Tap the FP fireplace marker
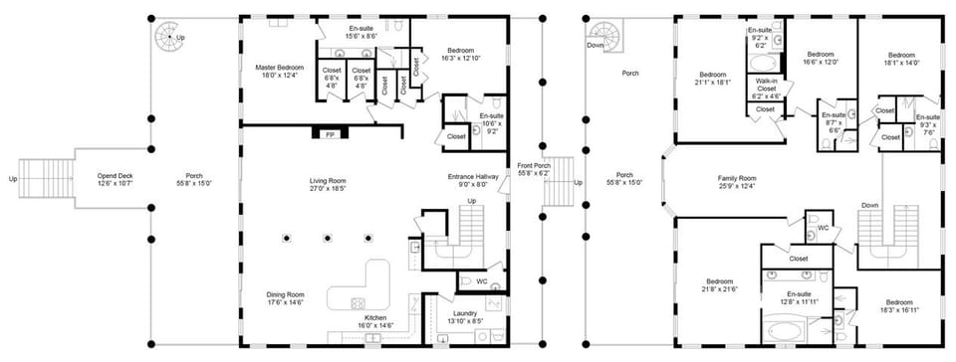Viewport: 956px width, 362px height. pyautogui.click(x=330, y=134)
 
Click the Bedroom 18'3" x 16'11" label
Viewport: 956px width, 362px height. pyautogui.click(x=899, y=305)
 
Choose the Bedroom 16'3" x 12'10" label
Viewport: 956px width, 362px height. pyautogui.click(x=460, y=55)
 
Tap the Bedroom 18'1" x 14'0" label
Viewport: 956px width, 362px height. pyautogui.click(x=901, y=59)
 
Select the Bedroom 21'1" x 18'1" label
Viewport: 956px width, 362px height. pyautogui.click(x=713, y=79)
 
